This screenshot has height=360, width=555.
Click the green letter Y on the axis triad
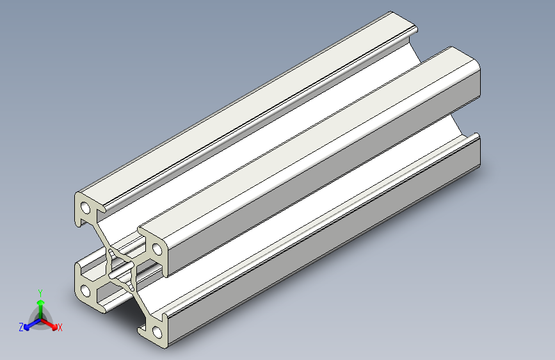pos(40,293)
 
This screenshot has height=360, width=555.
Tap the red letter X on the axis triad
pos(60,327)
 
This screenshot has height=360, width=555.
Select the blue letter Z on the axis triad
pos(21,327)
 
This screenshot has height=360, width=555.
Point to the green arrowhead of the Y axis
pos(41,302)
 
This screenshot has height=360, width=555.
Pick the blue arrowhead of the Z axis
pos(28,327)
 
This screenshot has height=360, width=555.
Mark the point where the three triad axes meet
pos(41,319)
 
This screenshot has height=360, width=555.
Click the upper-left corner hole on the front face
pos(86,208)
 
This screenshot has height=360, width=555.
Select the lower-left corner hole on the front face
pos(85,291)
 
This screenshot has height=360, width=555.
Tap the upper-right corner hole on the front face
pos(157,249)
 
